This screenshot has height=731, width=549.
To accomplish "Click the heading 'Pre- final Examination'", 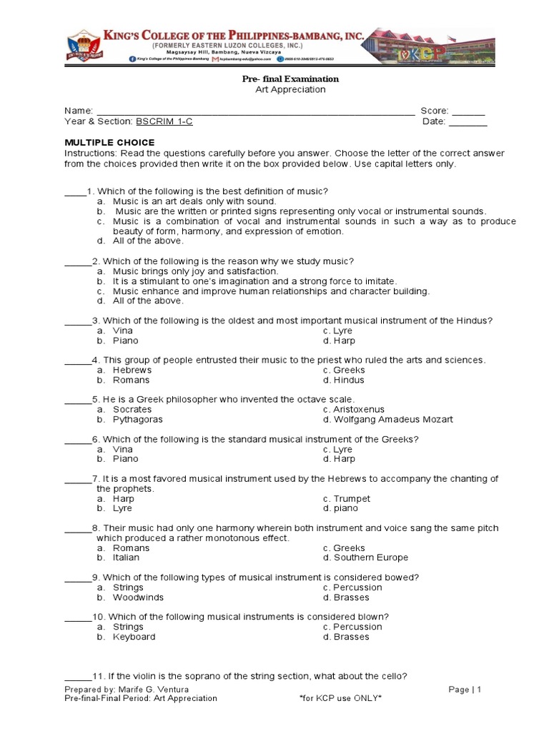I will (x=290, y=79).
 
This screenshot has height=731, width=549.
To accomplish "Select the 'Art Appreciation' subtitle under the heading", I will (x=290, y=89).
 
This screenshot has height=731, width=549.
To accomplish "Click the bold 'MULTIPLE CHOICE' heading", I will (x=109, y=143).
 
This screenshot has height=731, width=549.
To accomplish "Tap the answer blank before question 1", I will (x=75, y=191).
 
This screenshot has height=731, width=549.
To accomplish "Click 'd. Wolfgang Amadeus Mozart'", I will (x=387, y=420).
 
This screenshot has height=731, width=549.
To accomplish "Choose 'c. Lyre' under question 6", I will (x=337, y=449).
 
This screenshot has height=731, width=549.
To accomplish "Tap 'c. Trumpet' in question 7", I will (x=346, y=499).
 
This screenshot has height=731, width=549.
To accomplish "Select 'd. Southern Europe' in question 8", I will (x=365, y=558).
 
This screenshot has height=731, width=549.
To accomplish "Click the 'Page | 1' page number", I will (x=465, y=689).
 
